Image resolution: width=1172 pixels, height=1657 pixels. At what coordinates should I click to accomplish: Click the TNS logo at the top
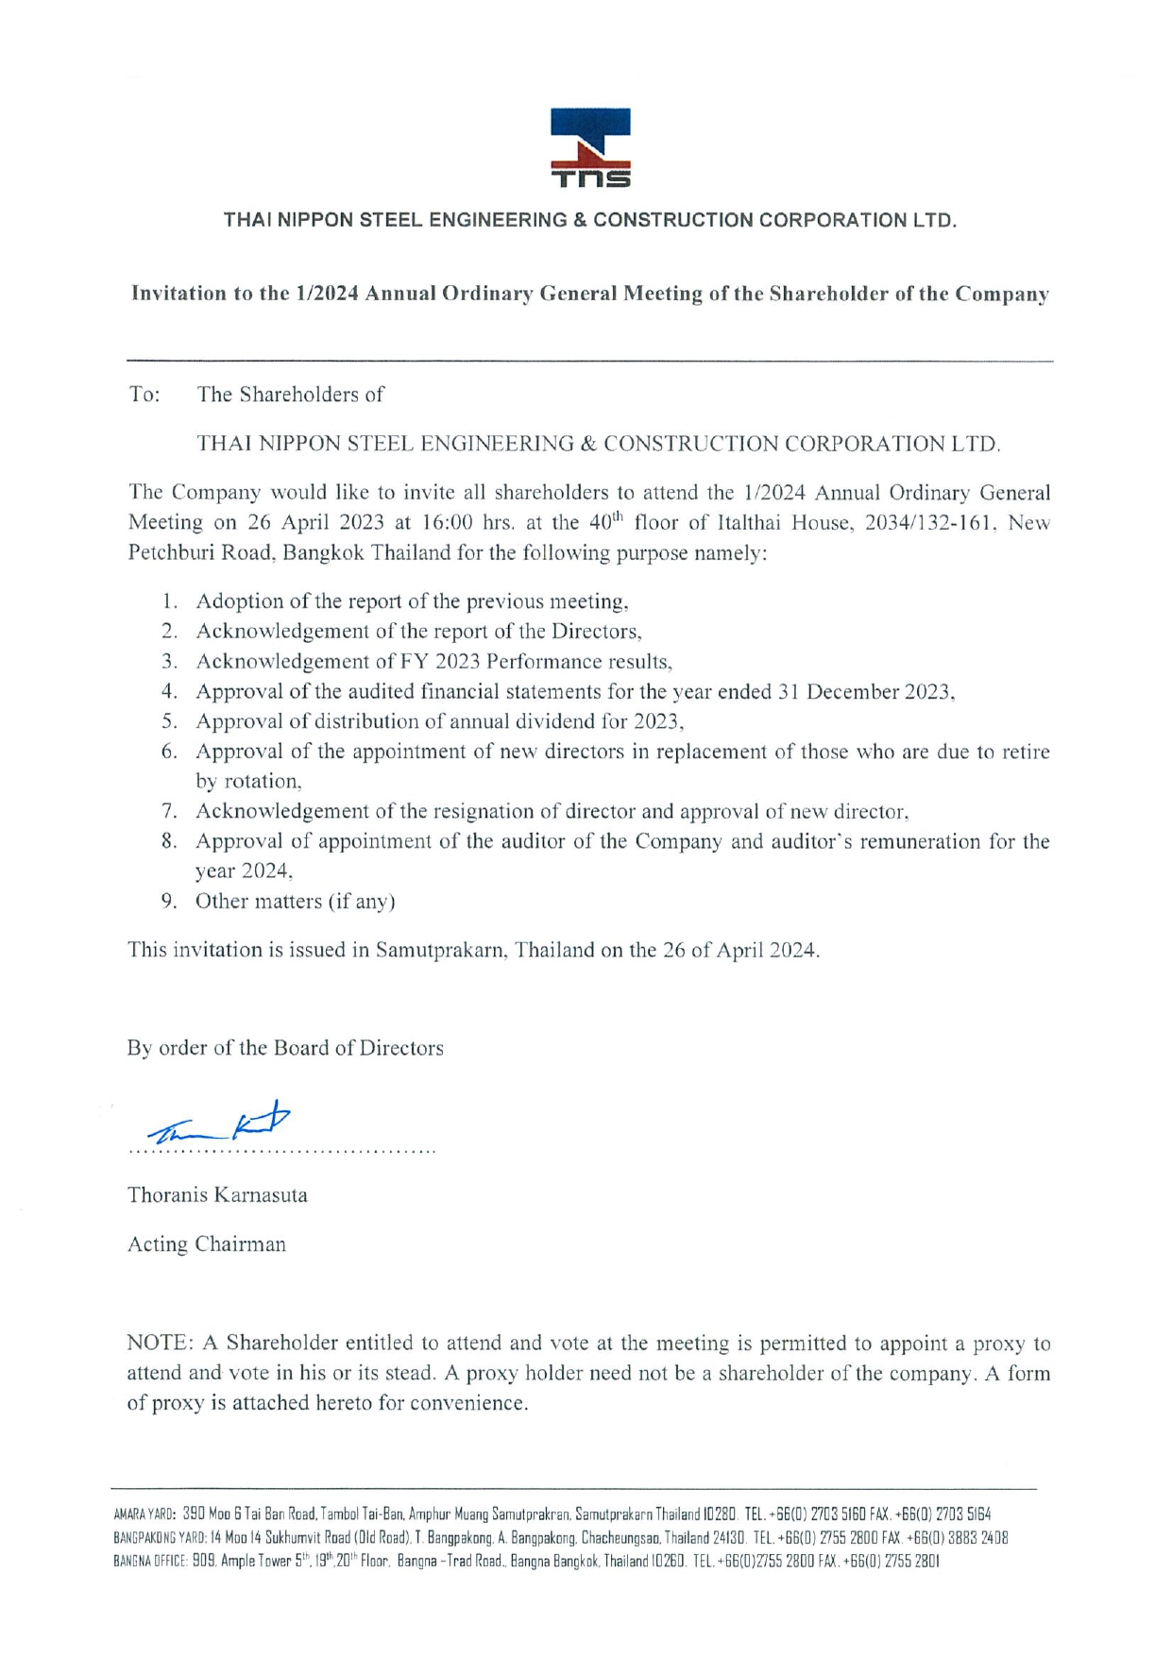(590, 147)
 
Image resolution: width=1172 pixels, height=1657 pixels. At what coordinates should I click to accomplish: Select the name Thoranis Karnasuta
(217, 1195)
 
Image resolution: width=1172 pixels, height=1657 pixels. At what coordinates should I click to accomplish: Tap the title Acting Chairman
(206, 1244)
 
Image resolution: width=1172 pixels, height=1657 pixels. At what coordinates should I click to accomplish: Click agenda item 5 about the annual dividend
(439, 721)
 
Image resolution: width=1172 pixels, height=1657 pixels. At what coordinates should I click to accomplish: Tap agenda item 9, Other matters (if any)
(295, 902)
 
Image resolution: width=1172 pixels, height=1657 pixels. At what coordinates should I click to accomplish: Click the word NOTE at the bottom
(161, 1344)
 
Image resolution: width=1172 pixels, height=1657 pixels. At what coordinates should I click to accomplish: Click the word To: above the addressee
(144, 395)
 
